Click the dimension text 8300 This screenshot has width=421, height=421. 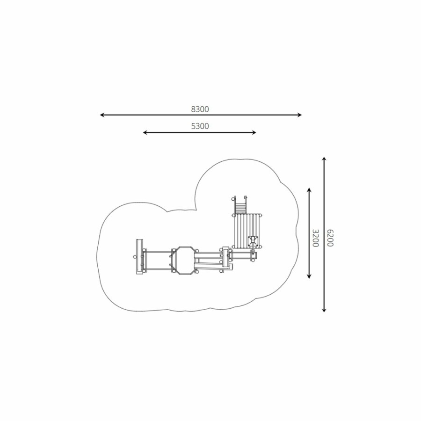pyautogui.click(x=200, y=109)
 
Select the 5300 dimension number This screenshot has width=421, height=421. pyautogui.click(x=200, y=126)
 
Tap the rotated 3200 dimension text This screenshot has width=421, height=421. pyautogui.click(x=315, y=238)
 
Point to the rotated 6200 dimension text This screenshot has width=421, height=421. pyautogui.click(x=330, y=238)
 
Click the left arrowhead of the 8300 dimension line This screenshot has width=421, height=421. pyautogui.click(x=102, y=115)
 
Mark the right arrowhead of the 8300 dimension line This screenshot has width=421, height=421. pyautogui.click(x=300, y=115)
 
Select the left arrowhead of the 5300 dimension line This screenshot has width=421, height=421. pyautogui.click(x=145, y=132)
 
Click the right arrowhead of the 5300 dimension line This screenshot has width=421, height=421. pyautogui.click(x=254, y=132)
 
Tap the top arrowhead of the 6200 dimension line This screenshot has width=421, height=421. pyautogui.click(x=324, y=159)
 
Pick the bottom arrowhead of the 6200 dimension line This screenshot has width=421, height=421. pyautogui.click(x=324, y=310)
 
